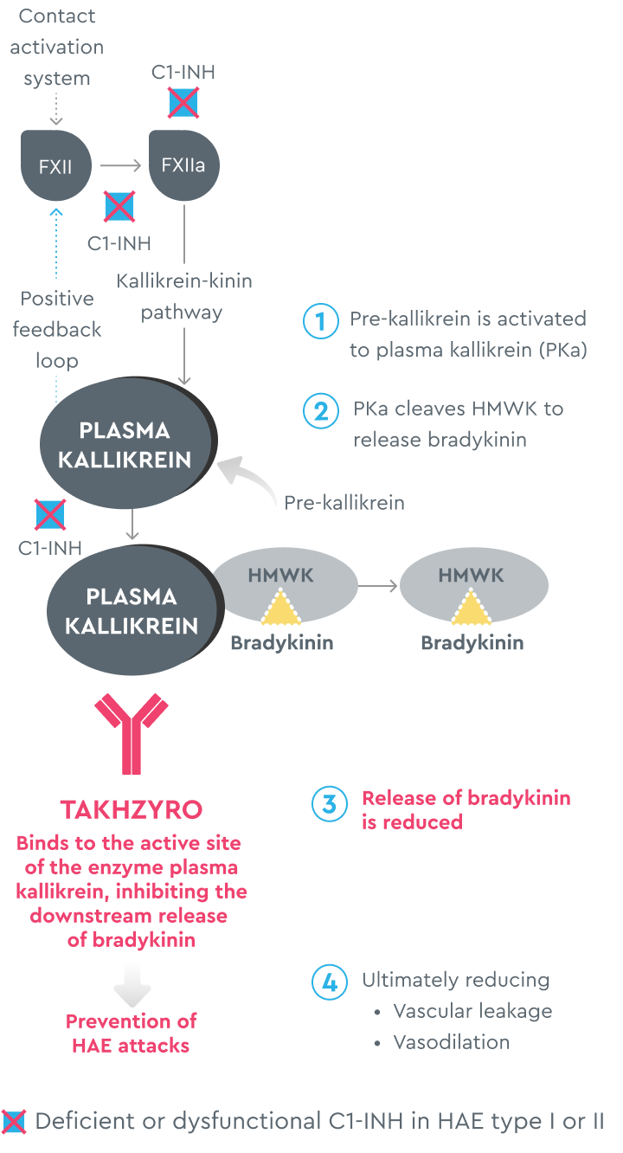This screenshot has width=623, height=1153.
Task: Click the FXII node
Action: coord(55,165)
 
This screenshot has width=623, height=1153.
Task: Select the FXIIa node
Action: coord(183,165)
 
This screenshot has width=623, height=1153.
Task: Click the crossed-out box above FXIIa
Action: coord(183,103)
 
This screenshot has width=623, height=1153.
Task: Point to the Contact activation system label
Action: coord(57,47)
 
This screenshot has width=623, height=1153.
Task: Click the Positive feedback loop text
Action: coord(57,329)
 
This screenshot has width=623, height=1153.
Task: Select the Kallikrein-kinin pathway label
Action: coord(183,297)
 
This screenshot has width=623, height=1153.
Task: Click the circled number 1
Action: coord(320,321)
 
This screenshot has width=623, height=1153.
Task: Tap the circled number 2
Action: coord(320,410)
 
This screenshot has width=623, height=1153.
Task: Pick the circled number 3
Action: coord(329,804)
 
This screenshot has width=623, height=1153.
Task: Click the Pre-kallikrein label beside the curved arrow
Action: coord(344,503)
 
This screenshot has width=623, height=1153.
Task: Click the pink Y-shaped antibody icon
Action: coord(132,732)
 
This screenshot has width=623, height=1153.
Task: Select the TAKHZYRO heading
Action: coord(132,810)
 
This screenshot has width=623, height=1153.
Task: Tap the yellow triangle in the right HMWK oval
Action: coord(472,608)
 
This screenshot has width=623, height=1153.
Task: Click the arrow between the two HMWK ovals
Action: coord(377,586)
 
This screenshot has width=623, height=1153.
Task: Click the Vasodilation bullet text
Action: coord(451,1042)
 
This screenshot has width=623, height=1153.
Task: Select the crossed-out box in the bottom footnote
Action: coord(14,1122)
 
